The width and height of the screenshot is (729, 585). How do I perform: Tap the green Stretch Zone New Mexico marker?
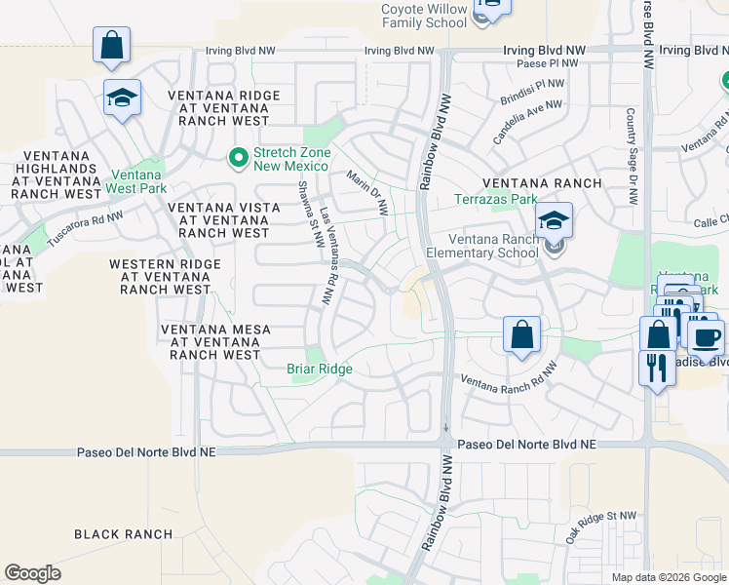pos(236,156)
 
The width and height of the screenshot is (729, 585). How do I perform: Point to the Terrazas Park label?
pos(496,200)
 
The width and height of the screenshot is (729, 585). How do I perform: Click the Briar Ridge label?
pos(319,370)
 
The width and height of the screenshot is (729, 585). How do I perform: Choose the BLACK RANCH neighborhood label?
pos(124,534)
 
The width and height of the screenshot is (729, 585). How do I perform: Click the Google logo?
pos(32,573)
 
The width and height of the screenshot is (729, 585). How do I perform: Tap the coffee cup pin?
pos(707,337)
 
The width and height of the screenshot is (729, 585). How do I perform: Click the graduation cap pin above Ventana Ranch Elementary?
pos(554,220)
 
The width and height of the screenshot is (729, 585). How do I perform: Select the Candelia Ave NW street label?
pos(527,122)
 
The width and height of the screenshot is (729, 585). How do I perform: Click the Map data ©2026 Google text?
pos(669,577)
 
